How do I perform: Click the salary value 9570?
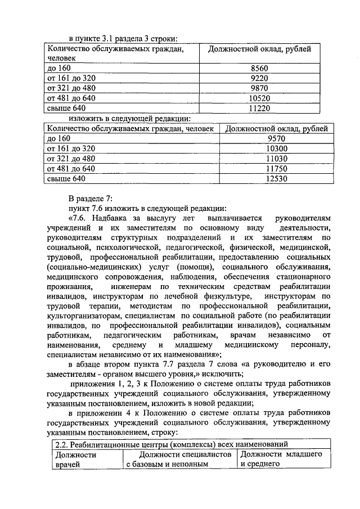[276, 138]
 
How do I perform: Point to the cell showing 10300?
[276, 148]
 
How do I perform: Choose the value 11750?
[276, 169]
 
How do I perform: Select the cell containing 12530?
[276, 179]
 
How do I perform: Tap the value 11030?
[276, 159]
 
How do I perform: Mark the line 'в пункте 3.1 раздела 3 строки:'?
[123, 38]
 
